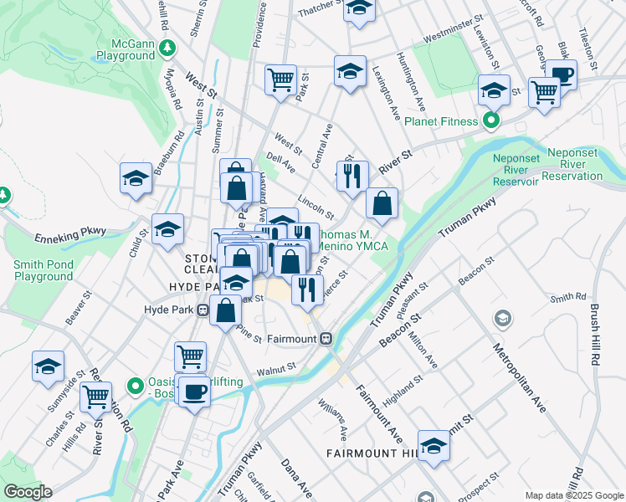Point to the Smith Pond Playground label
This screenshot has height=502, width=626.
point(43,270)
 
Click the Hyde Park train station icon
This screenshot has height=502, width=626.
point(202,310)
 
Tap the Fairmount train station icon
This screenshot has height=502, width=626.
point(327,339)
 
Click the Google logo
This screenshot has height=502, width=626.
point(28,492)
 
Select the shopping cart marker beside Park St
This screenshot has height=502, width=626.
point(280,80)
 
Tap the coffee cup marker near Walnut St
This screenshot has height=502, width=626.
point(195,392)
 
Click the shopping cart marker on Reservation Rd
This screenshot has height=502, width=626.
point(96,396)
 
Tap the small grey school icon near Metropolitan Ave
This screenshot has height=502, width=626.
point(502,317)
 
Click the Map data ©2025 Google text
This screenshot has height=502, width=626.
point(573,495)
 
